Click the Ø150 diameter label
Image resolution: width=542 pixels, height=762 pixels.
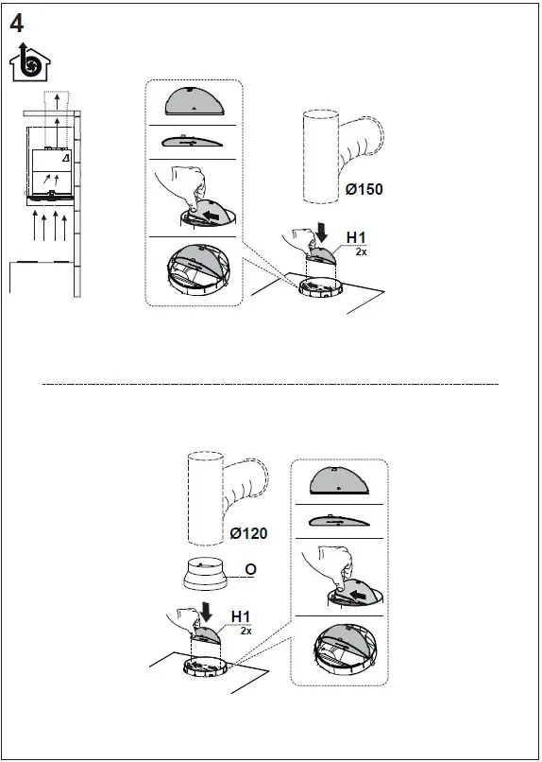(x=364, y=189)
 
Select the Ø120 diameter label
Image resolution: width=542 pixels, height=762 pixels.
(x=248, y=533)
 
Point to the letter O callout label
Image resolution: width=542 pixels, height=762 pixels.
(x=251, y=568)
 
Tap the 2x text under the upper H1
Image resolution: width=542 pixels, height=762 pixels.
(x=361, y=252)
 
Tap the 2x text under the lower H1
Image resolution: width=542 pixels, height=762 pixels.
(x=246, y=631)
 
